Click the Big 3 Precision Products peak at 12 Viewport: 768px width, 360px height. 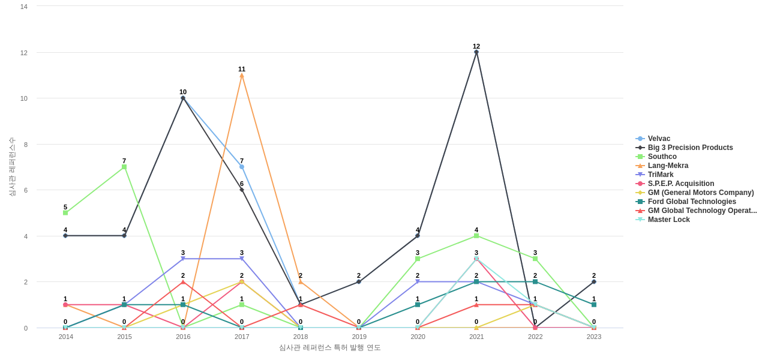(476, 52)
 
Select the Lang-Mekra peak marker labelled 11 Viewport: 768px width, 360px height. (242, 76)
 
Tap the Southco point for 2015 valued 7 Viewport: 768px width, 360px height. (124, 167)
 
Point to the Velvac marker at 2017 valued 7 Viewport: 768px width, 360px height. (242, 167)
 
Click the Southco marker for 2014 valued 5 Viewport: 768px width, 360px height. (65, 213)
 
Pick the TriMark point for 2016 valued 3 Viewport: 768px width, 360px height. (183, 259)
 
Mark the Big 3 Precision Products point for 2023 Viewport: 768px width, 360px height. (594, 281)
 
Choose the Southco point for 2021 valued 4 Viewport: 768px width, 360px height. (476, 236)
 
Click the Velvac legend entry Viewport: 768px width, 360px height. (659, 139)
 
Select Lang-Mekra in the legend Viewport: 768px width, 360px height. (668, 166)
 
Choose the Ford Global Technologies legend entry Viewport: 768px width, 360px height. (691, 202)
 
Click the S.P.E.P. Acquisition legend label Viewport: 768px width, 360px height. (680, 184)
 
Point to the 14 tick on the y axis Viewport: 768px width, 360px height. (24, 7)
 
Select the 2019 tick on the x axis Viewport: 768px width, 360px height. (359, 337)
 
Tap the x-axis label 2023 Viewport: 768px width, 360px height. (594, 337)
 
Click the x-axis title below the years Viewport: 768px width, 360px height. (329, 347)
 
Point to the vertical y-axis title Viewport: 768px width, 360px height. (12, 167)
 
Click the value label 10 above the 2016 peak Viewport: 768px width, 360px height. (183, 92)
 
